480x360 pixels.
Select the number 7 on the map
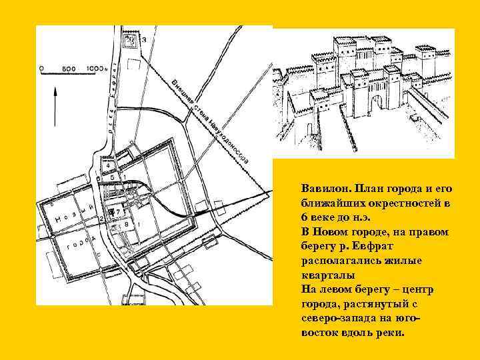118,212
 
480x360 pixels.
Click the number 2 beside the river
101,218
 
